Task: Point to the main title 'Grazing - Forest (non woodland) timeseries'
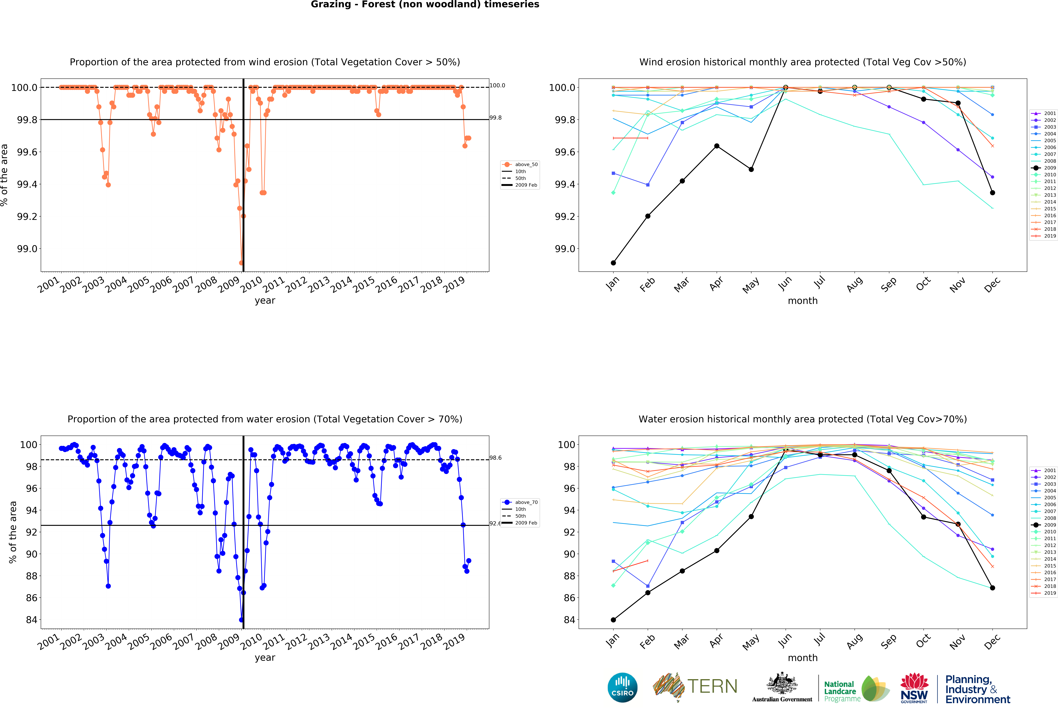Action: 425,5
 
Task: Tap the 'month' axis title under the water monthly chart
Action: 803,658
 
